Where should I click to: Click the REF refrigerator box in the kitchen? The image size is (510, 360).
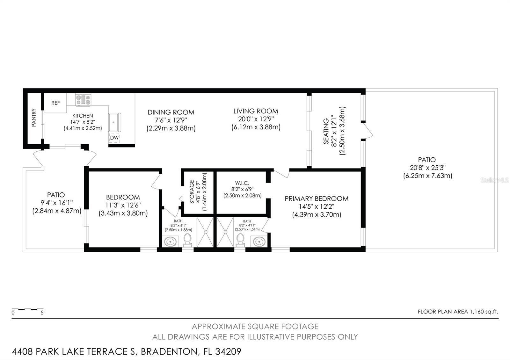[x=55, y=103]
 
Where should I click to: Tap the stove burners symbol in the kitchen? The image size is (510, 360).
[x=83, y=100]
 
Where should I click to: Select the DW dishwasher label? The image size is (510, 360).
[x=114, y=138]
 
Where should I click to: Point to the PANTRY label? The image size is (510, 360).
[x=34, y=118]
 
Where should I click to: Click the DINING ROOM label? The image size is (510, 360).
[x=171, y=112]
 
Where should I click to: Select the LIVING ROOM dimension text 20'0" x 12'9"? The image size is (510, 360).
[x=256, y=119]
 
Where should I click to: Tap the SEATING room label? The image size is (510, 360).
[x=326, y=131]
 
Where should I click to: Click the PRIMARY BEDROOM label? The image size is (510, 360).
[x=317, y=199]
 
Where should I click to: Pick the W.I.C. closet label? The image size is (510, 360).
[x=242, y=183]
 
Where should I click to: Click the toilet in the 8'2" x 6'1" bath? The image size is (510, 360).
[x=187, y=240]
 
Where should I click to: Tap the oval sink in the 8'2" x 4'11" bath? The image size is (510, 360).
[x=259, y=241]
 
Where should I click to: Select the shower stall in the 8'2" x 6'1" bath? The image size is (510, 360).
[x=205, y=232]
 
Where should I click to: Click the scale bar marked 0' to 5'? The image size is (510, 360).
[x=27, y=309]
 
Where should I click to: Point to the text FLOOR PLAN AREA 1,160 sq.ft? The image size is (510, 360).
[x=458, y=312]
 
